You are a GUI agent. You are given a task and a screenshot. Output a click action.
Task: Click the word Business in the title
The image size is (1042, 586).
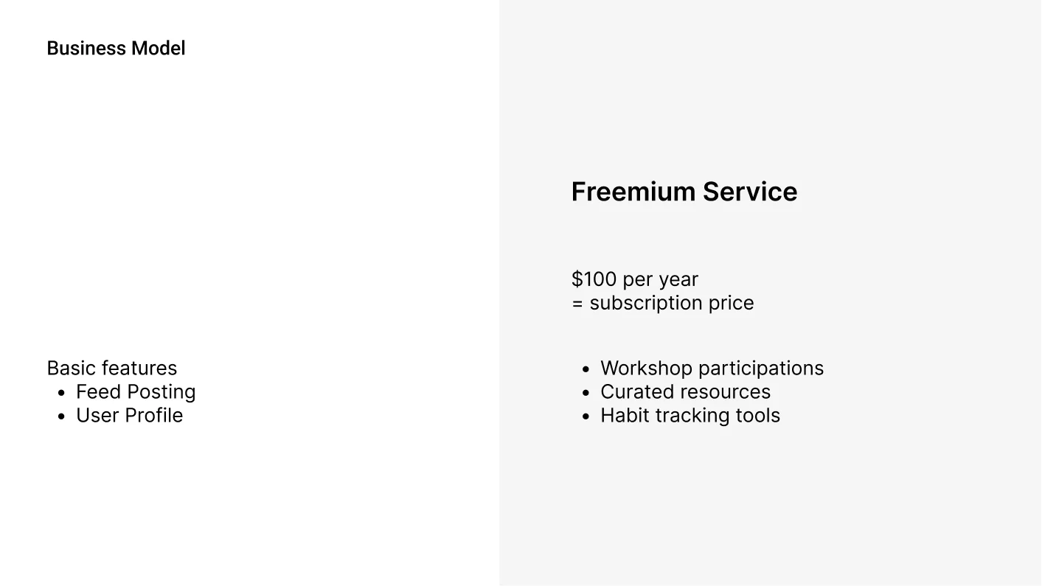(x=86, y=49)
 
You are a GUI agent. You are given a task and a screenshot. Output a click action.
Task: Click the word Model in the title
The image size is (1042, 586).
(x=158, y=49)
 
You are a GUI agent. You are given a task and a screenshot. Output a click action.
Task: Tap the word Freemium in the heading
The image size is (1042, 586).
(x=633, y=192)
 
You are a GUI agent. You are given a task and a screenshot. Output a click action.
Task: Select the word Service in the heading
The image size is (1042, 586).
(x=750, y=192)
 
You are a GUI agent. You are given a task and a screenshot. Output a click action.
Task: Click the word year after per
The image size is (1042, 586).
(x=678, y=280)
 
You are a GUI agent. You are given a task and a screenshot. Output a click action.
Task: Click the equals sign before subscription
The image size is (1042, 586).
(x=577, y=304)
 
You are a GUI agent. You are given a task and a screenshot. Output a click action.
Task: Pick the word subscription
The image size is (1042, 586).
(x=646, y=303)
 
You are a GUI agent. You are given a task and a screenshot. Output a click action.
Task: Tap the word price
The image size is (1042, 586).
(x=732, y=304)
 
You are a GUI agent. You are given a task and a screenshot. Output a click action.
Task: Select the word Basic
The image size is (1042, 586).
(x=71, y=369)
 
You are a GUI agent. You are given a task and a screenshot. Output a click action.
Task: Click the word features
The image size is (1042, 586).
(x=139, y=369)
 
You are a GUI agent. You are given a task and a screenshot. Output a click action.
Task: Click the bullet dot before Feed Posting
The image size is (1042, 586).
(x=61, y=393)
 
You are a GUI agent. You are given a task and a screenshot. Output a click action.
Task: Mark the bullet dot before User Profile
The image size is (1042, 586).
(x=61, y=416)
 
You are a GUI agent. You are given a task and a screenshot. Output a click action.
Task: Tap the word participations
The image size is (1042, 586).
(x=761, y=369)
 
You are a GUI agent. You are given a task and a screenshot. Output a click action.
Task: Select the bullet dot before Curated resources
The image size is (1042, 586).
(x=586, y=393)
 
